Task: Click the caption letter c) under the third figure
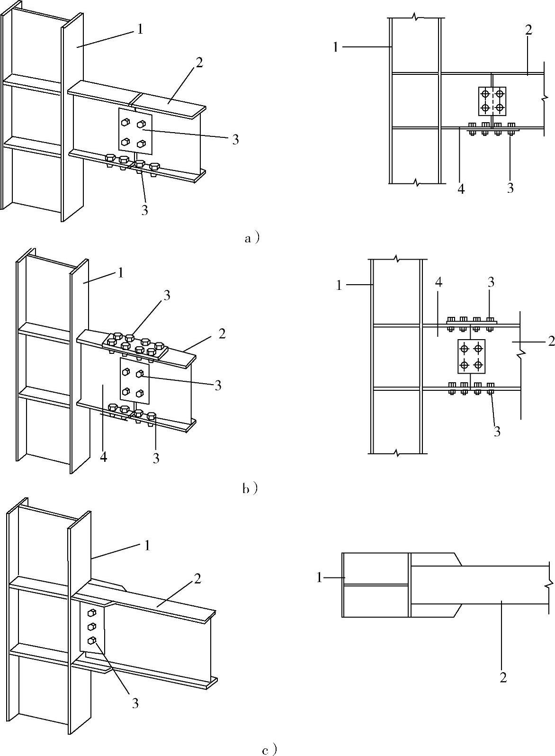269,750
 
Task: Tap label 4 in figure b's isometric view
104,457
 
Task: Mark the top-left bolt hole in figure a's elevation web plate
484,93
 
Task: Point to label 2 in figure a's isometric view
199,63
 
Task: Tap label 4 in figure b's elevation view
439,283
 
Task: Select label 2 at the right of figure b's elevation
551,341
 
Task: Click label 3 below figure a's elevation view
510,188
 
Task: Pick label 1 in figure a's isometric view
140,29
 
